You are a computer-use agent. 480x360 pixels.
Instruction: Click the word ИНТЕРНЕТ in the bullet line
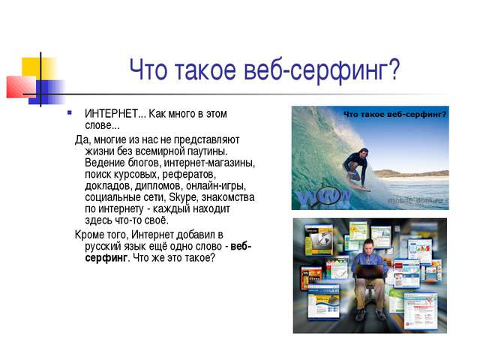[x=112, y=114]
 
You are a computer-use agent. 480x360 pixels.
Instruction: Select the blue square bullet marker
[x=70, y=112]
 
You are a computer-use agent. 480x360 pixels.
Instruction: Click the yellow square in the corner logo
[x=38, y=68]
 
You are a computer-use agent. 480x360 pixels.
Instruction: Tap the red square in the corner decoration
[x=21, y=87]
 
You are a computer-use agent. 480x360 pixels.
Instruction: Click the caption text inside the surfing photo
[x=395, y=115]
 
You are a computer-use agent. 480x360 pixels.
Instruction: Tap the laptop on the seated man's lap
[x=370, y=271]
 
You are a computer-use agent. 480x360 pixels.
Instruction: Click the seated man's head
[x=369, y=245]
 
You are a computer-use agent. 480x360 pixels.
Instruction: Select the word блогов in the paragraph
[x=143, y=163]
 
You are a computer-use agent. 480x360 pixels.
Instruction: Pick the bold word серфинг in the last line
[x=106, y=258]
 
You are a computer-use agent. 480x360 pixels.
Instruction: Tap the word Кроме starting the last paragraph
[x=89, y=235]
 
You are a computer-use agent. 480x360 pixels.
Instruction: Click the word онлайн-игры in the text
[x=216, y=186]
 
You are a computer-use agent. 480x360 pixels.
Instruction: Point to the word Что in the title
[x=148, y=70]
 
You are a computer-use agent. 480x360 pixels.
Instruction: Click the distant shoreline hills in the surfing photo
[x=411, y=173]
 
